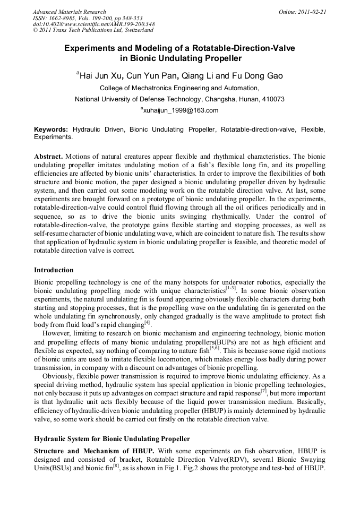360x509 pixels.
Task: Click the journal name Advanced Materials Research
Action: (69, 12)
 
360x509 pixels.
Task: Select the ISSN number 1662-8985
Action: (61, 18)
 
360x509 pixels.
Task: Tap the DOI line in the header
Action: (93, 24)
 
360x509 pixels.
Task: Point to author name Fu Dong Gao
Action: (257, 76)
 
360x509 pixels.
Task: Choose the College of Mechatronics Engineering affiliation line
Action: (179, 88)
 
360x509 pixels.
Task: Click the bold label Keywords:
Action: (51, 130)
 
